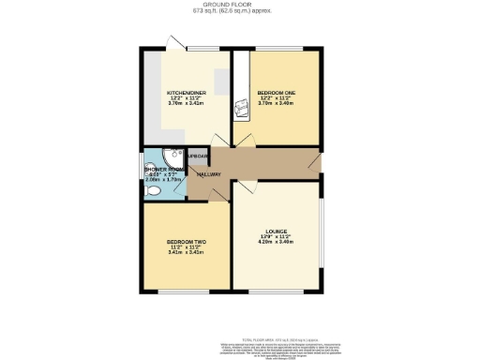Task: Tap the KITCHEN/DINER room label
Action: point(186,93)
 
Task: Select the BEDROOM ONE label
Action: point(277,93)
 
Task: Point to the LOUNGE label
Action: point(276,231)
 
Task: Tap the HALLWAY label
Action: point(208,174)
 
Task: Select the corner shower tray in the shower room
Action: point(171,158)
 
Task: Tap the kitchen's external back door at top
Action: point(174,44)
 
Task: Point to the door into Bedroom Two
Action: point(215,193)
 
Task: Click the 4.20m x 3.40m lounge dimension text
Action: point(276,242)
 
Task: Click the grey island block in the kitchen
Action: point(221,82)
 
